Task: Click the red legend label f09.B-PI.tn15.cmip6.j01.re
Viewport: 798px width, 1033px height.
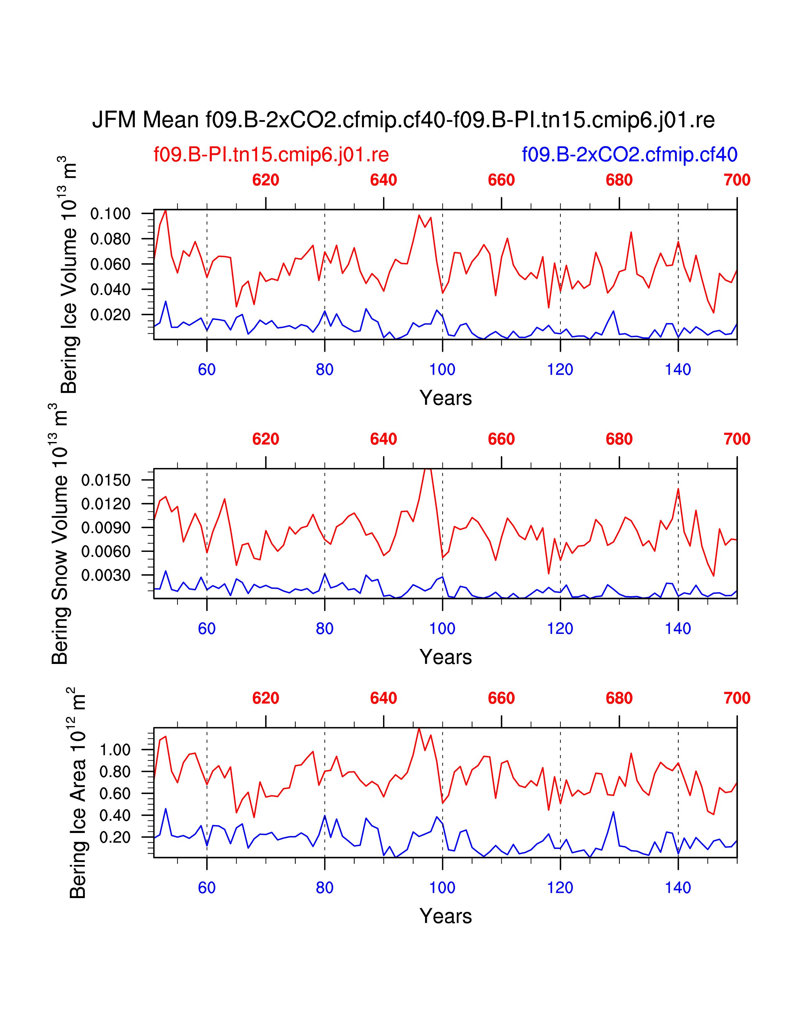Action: click(271, 155)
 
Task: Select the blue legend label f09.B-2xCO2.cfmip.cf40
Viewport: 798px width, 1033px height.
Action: click(629, 155)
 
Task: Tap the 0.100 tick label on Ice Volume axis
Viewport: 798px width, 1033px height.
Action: click(110, 214)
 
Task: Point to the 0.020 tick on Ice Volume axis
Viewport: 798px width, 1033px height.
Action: click(110, 315)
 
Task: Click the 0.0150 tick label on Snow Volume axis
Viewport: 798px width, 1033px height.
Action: click(105, 480)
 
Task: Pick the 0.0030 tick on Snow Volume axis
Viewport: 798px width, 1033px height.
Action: click(105, 575)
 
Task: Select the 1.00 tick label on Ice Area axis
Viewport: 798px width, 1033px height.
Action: click(115, 750)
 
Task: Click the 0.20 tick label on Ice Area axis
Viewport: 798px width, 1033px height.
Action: click(115, 837)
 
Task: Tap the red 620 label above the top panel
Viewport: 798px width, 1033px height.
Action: click(266, 180)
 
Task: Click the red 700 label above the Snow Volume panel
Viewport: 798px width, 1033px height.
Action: click(737, 439)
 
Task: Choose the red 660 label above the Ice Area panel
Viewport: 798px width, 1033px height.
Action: click(501, 698)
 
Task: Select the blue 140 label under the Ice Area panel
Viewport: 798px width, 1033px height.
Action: click(678, 887)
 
